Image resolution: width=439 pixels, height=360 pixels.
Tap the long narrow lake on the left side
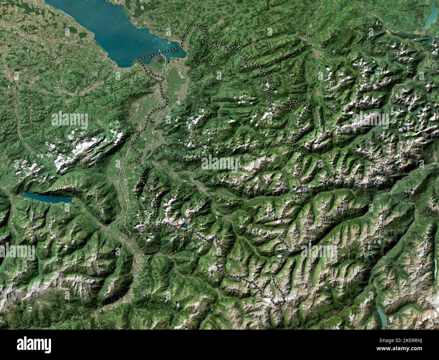(x=47, y=198)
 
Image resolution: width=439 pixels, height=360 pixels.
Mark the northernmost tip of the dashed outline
(x=198, y=26)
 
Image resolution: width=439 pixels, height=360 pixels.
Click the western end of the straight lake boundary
(x=139, y=59)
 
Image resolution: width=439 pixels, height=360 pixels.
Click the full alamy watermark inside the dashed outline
(x=219, y=164)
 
